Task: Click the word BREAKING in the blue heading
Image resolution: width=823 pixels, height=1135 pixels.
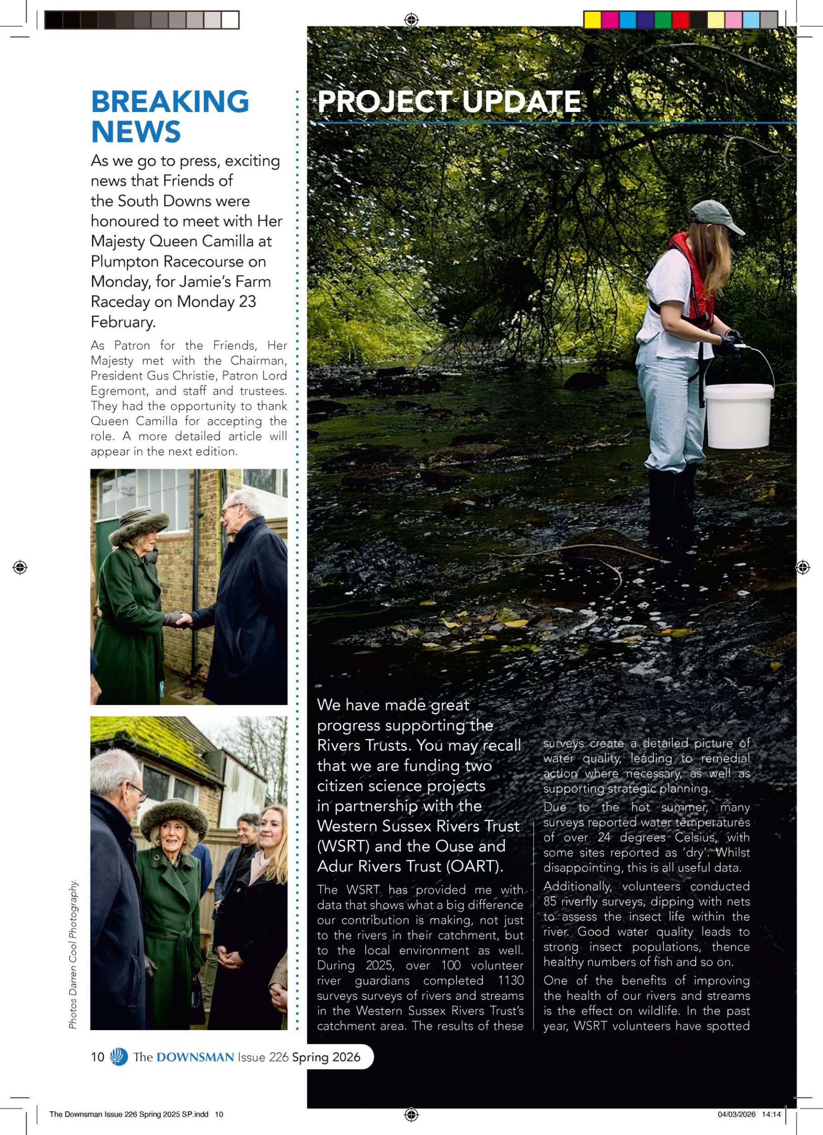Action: (170, 102)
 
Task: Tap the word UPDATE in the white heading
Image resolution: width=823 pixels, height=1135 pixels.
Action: (521, 102)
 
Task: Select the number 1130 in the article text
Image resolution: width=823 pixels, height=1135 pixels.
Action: (507, 980)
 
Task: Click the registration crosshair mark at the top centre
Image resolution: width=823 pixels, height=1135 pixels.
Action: (411, 20)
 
